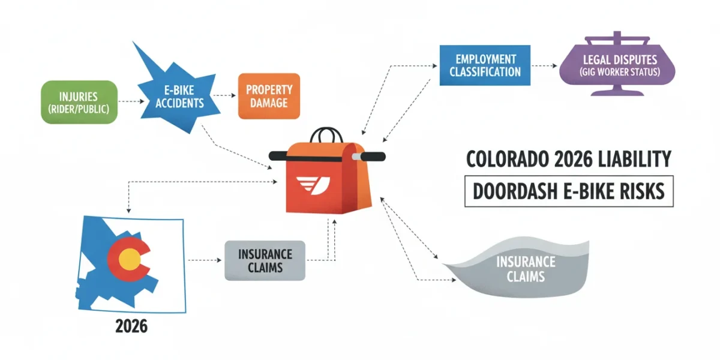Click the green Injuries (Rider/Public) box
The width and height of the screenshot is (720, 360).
tap(79, 102)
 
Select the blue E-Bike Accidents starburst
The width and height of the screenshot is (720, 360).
tap(178, 97)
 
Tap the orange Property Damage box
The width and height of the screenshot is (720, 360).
tap(269, 96)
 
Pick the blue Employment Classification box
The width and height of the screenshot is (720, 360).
tap(485, 65)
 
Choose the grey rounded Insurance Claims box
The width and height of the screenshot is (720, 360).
tap(265, 260)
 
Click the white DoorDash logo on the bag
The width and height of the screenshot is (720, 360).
tap(313, 185)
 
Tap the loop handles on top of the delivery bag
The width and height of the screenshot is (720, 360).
tap(326, 135)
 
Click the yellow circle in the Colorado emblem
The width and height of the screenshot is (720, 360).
tap(130, 259)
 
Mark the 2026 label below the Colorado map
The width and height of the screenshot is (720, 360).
tap(131, 326)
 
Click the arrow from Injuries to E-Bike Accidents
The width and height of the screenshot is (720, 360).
tap(131, 101)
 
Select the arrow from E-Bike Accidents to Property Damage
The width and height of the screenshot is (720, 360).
tap(224, 95)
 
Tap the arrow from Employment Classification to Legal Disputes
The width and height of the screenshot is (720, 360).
tap(544, 66)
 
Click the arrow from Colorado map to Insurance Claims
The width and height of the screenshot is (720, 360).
tap(205, 260)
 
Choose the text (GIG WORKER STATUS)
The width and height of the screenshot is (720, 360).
tap(620, 72)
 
